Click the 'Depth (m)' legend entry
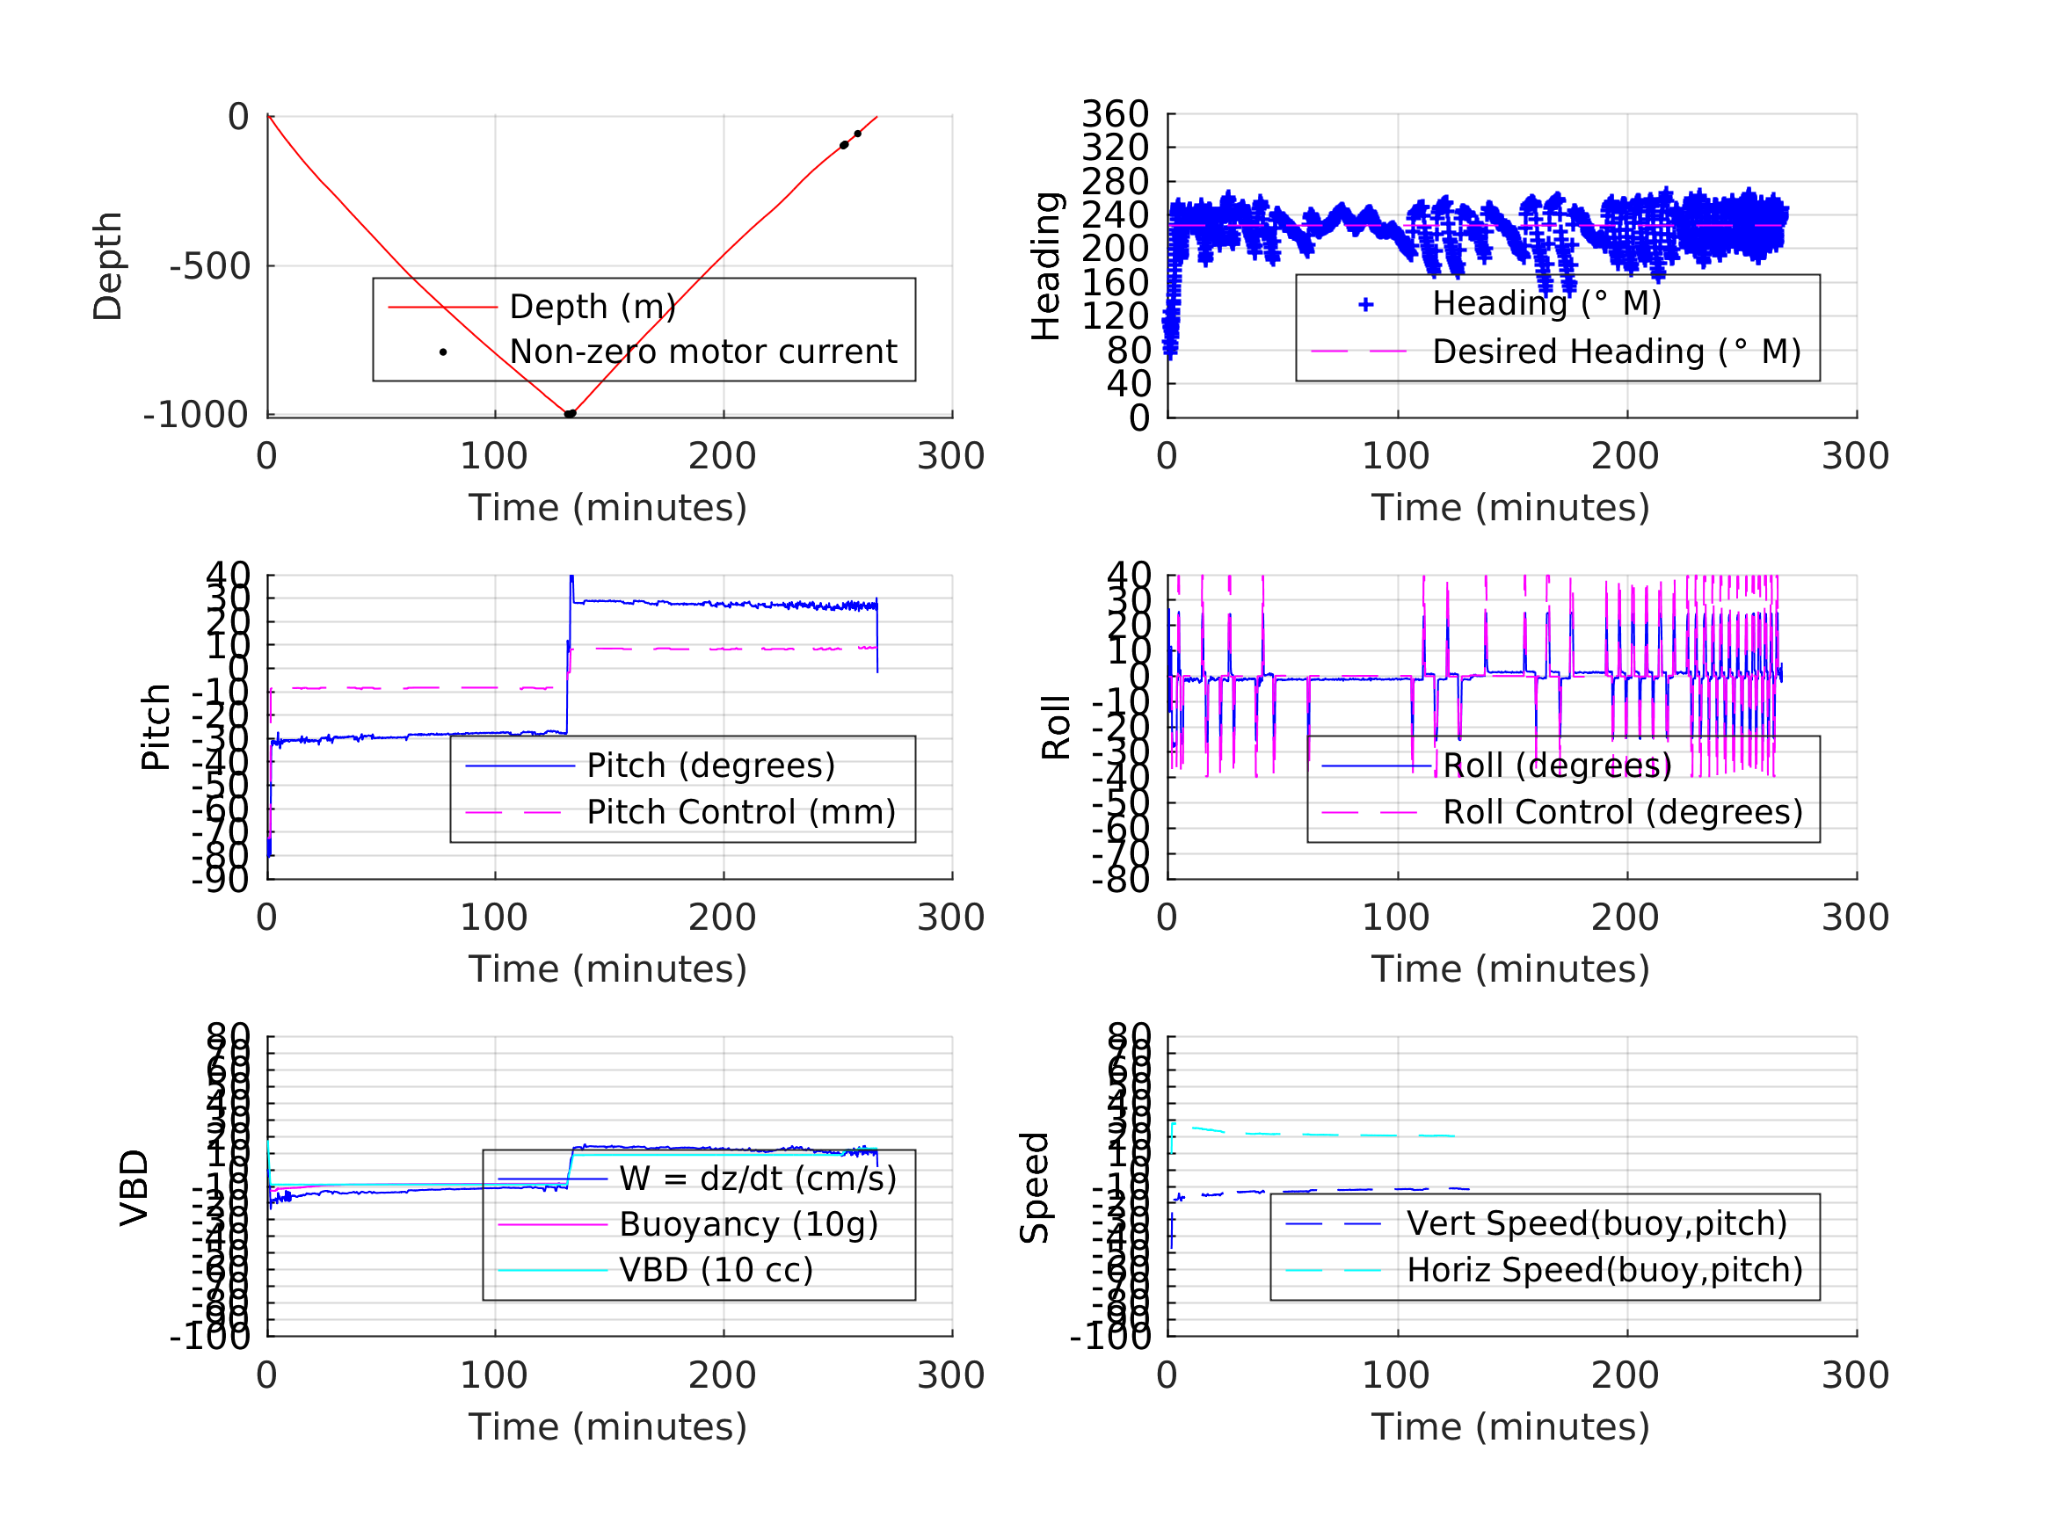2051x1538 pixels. (x=592, y=307)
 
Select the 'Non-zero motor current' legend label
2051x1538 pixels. (x=702, y=352)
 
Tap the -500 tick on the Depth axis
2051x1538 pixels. (x=210, y=267)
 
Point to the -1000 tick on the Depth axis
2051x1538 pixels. (x=196, y=416)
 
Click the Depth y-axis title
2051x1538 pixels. (x=108, y=266)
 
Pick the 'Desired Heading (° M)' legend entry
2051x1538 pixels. (x=1616, y=352)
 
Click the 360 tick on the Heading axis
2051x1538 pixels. (x=1115, y=115)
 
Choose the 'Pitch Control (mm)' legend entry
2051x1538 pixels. (x=741, y=813)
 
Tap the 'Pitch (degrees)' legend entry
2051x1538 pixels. (x=710, y=766)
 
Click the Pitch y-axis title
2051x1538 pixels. (x=156, y=728)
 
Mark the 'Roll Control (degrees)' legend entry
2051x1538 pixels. (x=1623, y=813)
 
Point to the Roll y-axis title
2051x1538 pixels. (x=1056, y=728)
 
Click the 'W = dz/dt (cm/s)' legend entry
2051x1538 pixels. (x=758, y=1179)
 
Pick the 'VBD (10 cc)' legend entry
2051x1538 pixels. (x=716, y=1271)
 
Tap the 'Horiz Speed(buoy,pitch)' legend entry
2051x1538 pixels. (x=1604, y=1271)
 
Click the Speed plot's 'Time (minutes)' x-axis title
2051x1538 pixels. (x=1510, y=1427)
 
